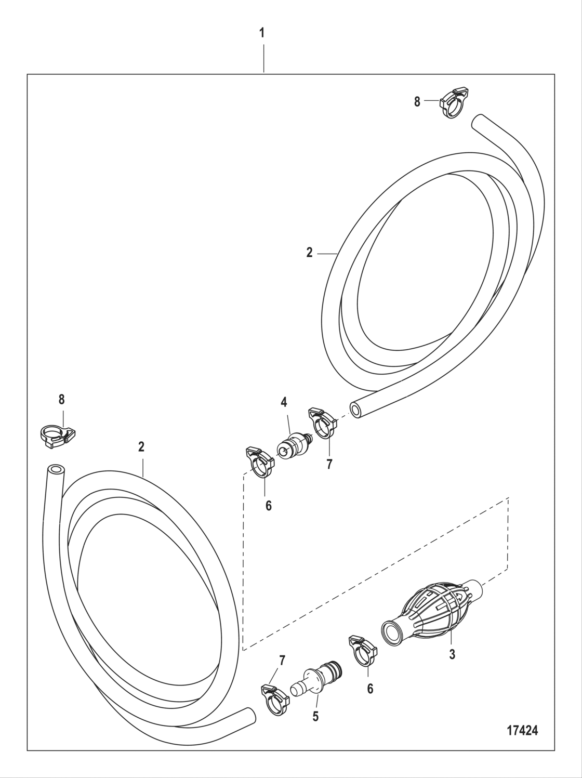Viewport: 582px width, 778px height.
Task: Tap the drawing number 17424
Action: pos(522,730)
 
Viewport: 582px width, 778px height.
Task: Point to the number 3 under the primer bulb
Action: pos(452,655)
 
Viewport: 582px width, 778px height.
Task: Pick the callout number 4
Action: pos(284,401)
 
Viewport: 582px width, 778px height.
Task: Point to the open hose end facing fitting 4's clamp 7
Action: pos(356,411)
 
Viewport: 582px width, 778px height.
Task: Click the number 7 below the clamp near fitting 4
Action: pos(329,464)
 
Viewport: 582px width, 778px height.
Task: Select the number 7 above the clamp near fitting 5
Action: pos(282,661)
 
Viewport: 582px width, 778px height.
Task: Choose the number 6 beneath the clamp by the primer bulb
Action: pos(370,689)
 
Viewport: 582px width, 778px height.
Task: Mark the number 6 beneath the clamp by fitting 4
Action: pos(268,505)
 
